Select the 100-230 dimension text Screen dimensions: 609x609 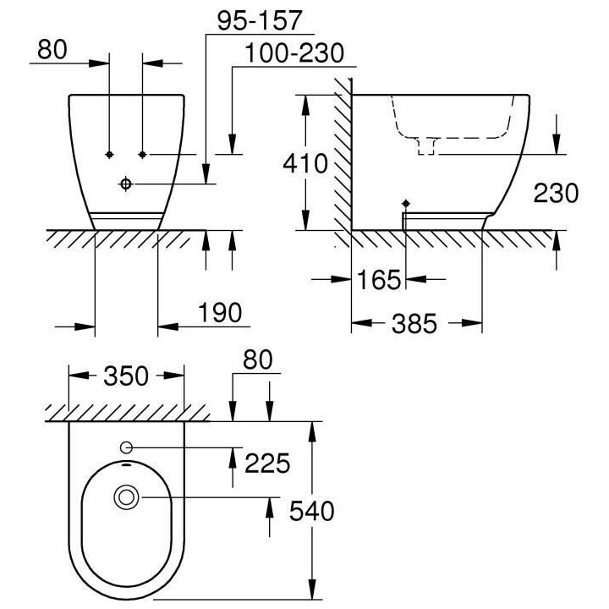click(294, 53)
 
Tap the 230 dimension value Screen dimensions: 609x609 click(556, 193)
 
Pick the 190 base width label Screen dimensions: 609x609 click(220, 312)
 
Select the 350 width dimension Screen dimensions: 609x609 click(126, 376)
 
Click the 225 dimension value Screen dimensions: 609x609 click(267, 463)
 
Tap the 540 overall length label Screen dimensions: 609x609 click(312, 511)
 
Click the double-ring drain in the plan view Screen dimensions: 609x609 click(126, 497)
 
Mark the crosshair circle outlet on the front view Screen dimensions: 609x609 click(126, 184)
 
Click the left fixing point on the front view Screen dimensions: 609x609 click(109, 154)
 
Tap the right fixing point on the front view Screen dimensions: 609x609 click(142, 154)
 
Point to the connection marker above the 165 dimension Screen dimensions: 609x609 click(406, 203)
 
